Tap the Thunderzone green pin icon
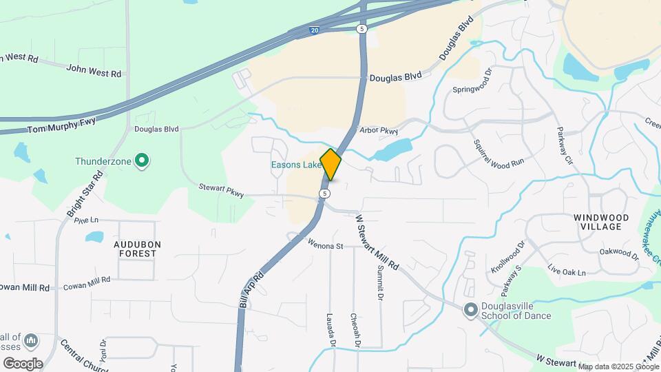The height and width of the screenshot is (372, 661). click(x=143, y=161)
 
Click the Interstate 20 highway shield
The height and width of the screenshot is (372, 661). click(x=315, y=30)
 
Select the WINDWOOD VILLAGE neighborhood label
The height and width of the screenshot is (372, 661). click(x=601, y=221)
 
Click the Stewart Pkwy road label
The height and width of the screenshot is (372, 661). click(x=221, y=191)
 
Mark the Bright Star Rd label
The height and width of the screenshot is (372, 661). click(x=85, y=194)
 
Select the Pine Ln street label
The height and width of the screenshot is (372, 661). click(x=86, y=220)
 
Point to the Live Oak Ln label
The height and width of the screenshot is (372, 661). click(x=566, y=270)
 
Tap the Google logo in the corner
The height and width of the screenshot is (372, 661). click(x=22, y=363)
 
